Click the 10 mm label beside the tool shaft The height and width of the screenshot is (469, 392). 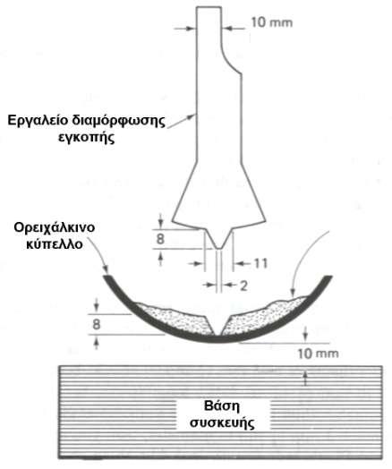pos(271,22)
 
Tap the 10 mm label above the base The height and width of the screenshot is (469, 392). pos(318,354)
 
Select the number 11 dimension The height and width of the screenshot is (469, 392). pos(260,263)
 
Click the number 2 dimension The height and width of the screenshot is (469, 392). pos(243,286)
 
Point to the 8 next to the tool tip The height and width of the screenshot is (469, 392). pos(160,239)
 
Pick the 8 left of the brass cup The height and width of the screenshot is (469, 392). pos(97,324)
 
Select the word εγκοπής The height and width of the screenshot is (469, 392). pos(87,138)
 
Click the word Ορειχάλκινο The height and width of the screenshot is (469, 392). pos(55,227)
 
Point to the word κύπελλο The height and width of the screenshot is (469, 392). pos(55,244)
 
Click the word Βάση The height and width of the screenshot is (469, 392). pos(222,406)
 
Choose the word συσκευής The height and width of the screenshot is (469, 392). pos(223,423)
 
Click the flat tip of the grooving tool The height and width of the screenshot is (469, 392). pos(219,248)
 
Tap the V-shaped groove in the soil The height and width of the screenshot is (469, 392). pos(218,325)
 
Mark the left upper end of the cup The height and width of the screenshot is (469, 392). pos(106,277)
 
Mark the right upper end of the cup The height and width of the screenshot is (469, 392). pos(328,277)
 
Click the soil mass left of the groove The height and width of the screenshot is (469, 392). pos(176,320)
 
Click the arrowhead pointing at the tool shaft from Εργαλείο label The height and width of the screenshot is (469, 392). pos(192,116)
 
